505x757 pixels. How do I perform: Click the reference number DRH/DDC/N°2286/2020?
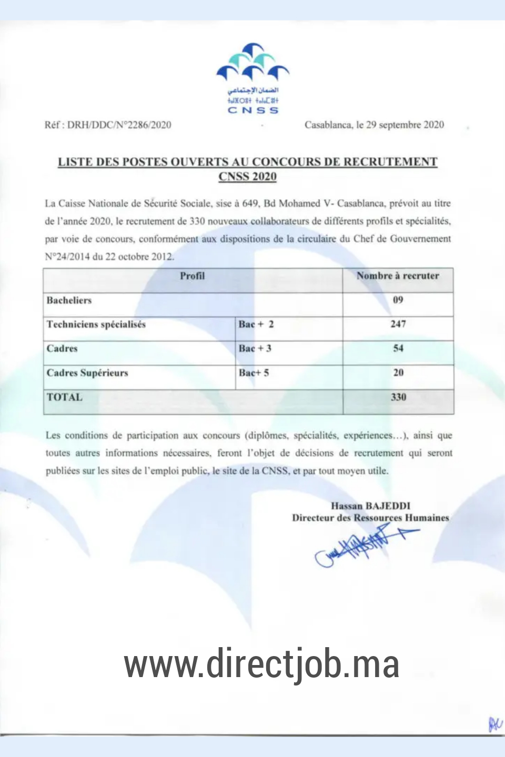119,125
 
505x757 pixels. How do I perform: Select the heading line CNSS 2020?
247,177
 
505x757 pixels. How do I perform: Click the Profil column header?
193,276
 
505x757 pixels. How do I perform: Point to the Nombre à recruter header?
398,276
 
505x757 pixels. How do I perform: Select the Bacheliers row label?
69,300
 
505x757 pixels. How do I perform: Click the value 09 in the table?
398,300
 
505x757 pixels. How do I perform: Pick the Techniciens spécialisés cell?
96,324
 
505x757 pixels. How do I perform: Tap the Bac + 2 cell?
256,324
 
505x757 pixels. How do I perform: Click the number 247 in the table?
398,324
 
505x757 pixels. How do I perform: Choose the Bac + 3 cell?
255,349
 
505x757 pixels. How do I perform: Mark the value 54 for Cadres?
398,349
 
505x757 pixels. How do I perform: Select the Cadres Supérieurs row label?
87,373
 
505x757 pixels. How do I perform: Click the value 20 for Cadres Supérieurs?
398,373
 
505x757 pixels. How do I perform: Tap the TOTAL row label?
65,397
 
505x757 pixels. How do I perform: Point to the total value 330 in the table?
398,397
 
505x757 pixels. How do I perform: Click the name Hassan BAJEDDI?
370,506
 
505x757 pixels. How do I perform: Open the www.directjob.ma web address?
261,664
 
